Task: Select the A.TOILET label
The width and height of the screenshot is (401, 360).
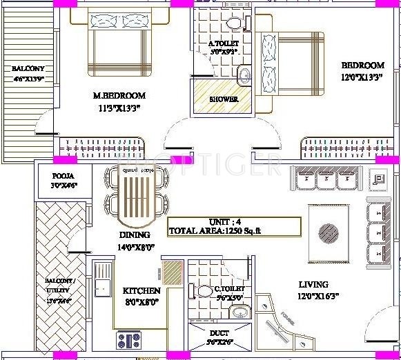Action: (x=223, y=44)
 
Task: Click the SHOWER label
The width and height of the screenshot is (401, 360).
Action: (x=224, y=99)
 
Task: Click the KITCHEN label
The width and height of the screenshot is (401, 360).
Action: (x=141, y=290)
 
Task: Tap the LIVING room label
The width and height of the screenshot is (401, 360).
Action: (x=313, y=284)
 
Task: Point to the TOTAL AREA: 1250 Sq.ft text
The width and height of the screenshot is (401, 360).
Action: (x=222, y=231)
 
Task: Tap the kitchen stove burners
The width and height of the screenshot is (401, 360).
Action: (x=129, y=339)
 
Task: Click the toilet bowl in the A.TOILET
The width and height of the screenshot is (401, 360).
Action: (x=234, y=23)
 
